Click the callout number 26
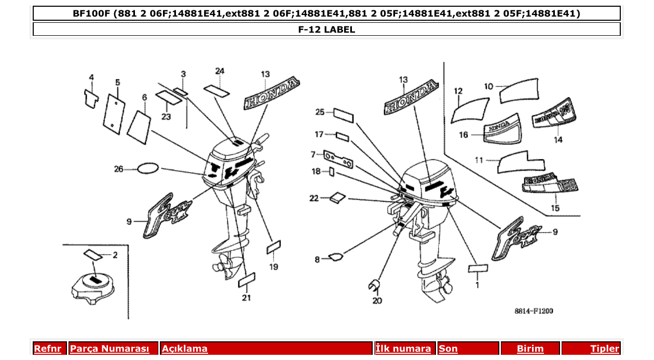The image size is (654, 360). (119, 169)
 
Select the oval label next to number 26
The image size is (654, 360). (147, 168)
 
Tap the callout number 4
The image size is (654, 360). (91, 78)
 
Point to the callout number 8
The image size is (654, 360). (317, 259)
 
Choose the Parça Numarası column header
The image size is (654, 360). (113, 349)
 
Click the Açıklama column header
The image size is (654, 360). (185, 349)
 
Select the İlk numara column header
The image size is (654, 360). (403, 349)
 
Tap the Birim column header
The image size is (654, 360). (530, 349)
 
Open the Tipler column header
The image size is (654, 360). (605, 349)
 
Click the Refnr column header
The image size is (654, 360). (47, 349)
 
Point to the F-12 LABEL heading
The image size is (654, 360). (326, 30)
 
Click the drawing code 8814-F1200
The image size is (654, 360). (534, 311)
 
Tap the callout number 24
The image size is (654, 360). (220, 71)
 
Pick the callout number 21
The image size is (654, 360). (246, 297)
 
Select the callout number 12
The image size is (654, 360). (458, 91)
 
